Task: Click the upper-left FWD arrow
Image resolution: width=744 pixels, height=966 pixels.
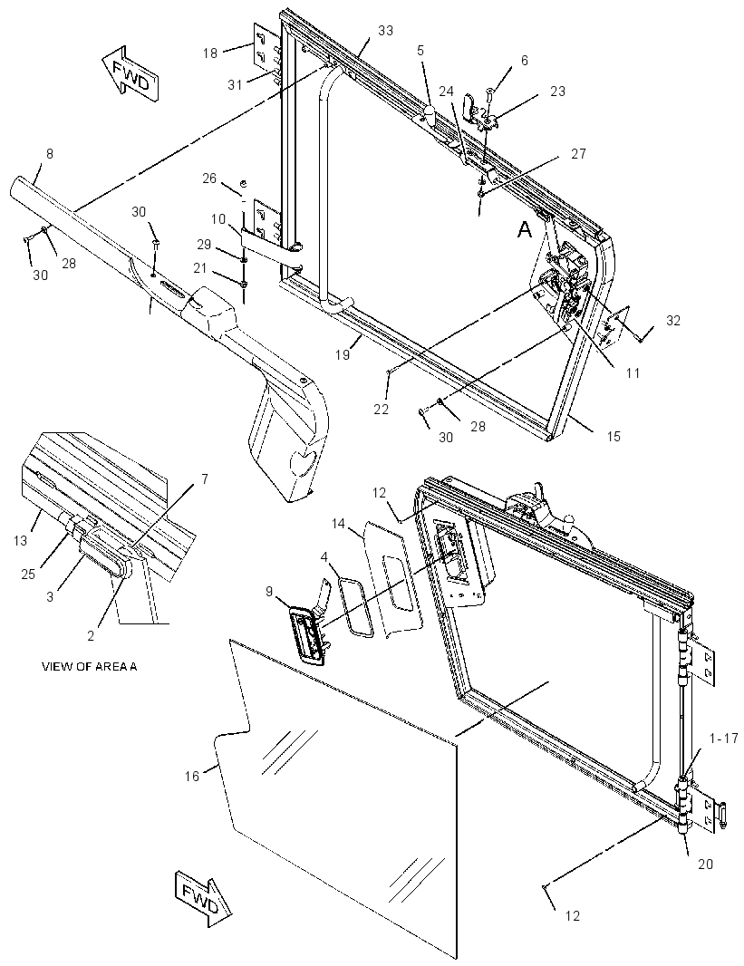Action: pos(131,72)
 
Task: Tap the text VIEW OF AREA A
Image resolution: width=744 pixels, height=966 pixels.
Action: pos(90,666)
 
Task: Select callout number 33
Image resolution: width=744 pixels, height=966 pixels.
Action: pos(385,30)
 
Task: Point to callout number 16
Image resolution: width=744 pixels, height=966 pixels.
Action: pos(193,776)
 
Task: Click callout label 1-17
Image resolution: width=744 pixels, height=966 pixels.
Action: pos(724,738)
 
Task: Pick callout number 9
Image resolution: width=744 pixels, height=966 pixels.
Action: pos(269,591)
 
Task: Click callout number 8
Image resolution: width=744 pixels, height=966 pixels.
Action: pos(50,153)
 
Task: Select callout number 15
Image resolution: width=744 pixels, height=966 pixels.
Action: pos(613,436)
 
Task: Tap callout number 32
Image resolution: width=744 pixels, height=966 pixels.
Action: pos(673,321)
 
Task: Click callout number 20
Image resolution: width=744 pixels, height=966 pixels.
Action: pos(705,865)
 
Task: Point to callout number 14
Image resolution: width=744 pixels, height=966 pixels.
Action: pos(338,524)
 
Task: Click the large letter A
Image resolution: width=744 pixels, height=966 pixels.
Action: pos(524,230)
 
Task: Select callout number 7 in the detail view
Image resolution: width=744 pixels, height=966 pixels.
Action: pos(205,478)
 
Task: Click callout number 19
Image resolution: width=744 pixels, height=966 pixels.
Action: pos(343,355)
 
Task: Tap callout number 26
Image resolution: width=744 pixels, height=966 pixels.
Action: pos(209,178)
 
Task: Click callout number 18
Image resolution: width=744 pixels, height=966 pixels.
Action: pos(210,53)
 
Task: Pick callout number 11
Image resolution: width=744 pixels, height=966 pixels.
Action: pos(633,372)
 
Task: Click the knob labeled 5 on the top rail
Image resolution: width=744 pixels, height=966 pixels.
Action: pos(430,112)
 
